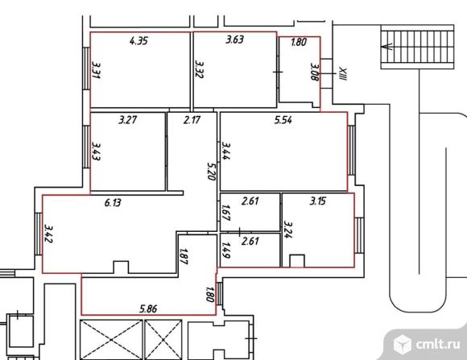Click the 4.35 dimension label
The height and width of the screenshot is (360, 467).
tap(138, 40)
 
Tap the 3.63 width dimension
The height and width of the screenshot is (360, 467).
tap(234, 39)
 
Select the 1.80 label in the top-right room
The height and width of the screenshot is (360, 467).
tap(299, 42)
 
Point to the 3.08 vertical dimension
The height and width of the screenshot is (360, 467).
tap(315, 72)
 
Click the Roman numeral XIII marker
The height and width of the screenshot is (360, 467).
tap(343, 74)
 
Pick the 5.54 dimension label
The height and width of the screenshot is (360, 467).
tap(283, 120)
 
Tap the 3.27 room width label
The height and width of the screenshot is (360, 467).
tap(128, 120)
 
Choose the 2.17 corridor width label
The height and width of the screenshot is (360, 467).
tap(192, 120)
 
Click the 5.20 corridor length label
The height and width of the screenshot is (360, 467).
tap(211, 171)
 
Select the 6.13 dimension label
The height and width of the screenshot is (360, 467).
tap(113, 203)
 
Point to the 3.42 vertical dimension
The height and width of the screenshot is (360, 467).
tap(48, 234)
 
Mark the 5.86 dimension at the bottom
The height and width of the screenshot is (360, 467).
tap(148, 308)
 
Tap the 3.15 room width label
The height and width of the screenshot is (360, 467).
tap(318, 201)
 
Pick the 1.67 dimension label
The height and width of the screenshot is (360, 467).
tap(226, 213)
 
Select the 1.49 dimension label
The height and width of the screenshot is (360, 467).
tap(226, 250)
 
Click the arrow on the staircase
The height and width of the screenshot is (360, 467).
tap(386, 47)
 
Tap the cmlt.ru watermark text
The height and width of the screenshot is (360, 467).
tap(438, 344)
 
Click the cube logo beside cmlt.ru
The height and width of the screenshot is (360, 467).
tap(403, 344)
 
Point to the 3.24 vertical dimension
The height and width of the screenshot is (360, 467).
tap(288, 230)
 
